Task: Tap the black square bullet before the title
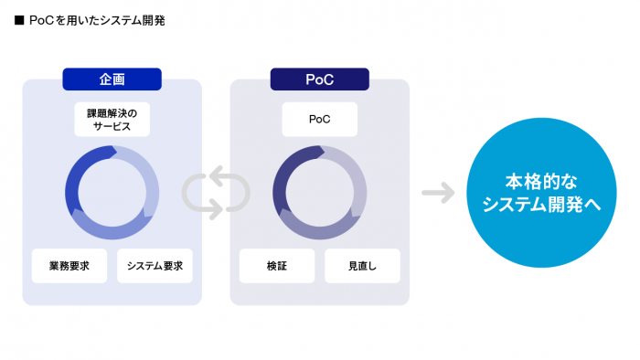(19, 19)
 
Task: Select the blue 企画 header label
(112, 79)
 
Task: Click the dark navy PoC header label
(319, 79)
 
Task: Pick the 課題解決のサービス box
(112, 119)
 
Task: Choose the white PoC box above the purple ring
(319, 119)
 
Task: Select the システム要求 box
(155, 266)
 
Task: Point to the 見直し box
(362, 266)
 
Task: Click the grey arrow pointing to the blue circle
(438, 193)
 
